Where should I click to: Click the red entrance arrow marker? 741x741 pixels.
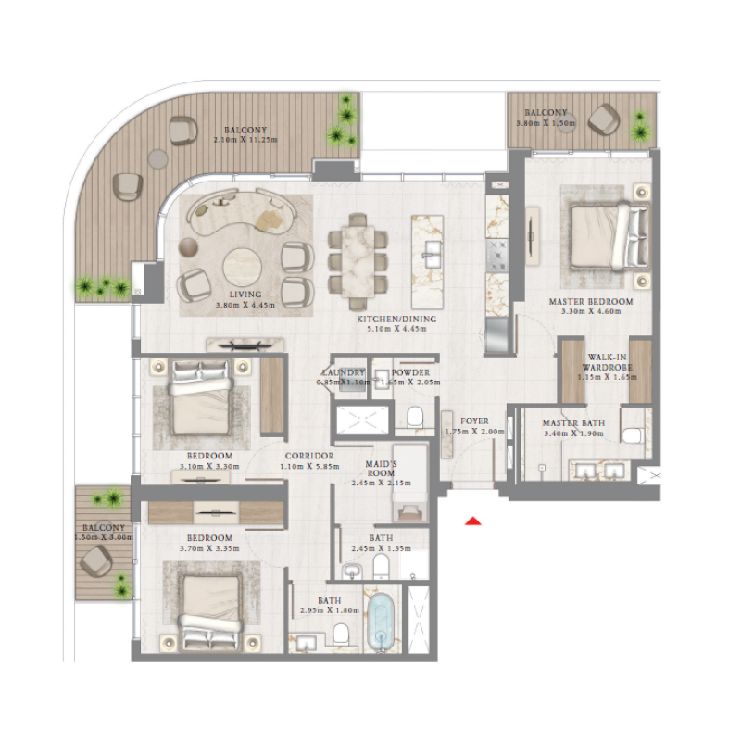coord(473,521)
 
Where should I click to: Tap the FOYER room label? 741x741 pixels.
coord(474,421)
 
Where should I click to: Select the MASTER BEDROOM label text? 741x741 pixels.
coord(590,302)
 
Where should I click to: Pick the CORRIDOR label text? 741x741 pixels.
coord(309,456)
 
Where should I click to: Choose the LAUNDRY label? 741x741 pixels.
coord(340,371)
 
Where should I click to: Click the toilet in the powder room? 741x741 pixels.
coord(416,415)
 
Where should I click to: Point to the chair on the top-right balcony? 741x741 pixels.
coord(606,118)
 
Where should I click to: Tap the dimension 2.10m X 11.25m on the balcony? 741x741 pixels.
coord(245,141)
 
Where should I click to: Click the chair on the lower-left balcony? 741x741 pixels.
coord(95,560)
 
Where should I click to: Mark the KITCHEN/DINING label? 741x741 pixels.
coord(396,320)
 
